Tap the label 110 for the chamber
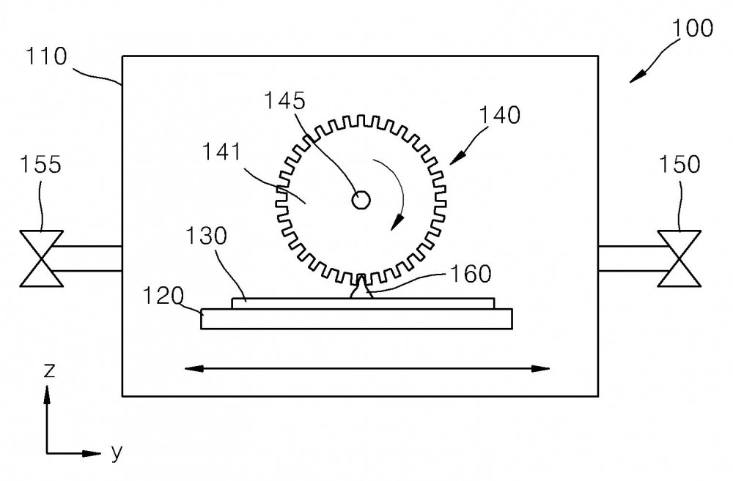click(45, 56)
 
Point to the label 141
click(221, 152)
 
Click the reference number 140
click(500, 115)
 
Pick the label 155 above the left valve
click(40, 165)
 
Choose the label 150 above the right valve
click(679, 165)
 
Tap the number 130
click(206, 236)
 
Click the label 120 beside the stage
click(163, 296)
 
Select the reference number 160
click(471, 274)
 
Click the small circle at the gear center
click(361, 201)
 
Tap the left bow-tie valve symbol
click(41, 258)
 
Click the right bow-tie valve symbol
click(679, 258)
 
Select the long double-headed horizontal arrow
click(367, 369)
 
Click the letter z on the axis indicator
click(49, 370)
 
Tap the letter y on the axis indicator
click(117, 452)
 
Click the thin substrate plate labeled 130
click(363, 304)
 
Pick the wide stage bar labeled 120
click(357, 319)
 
